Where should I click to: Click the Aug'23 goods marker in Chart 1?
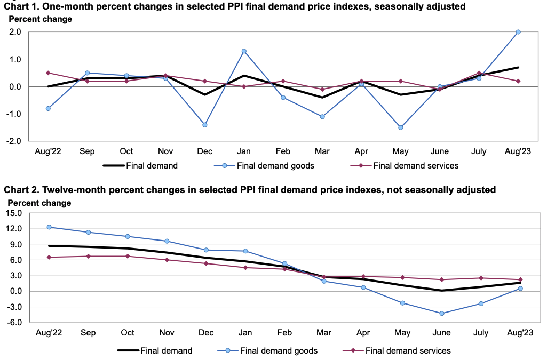518,32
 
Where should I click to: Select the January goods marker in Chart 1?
244,51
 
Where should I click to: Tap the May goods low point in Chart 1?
401,127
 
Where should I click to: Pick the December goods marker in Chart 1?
205,125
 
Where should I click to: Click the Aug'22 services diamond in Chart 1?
48,73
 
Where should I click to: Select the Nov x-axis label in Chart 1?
166,151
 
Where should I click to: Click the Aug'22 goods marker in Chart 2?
49,227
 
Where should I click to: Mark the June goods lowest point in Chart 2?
441,314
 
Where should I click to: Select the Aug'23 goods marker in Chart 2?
519,289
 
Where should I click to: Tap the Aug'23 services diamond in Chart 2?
519,279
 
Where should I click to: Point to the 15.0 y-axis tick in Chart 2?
14,213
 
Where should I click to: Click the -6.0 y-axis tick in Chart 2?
14,322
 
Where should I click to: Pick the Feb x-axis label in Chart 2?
284,333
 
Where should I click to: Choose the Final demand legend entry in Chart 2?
155,350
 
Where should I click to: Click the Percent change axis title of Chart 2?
39,203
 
